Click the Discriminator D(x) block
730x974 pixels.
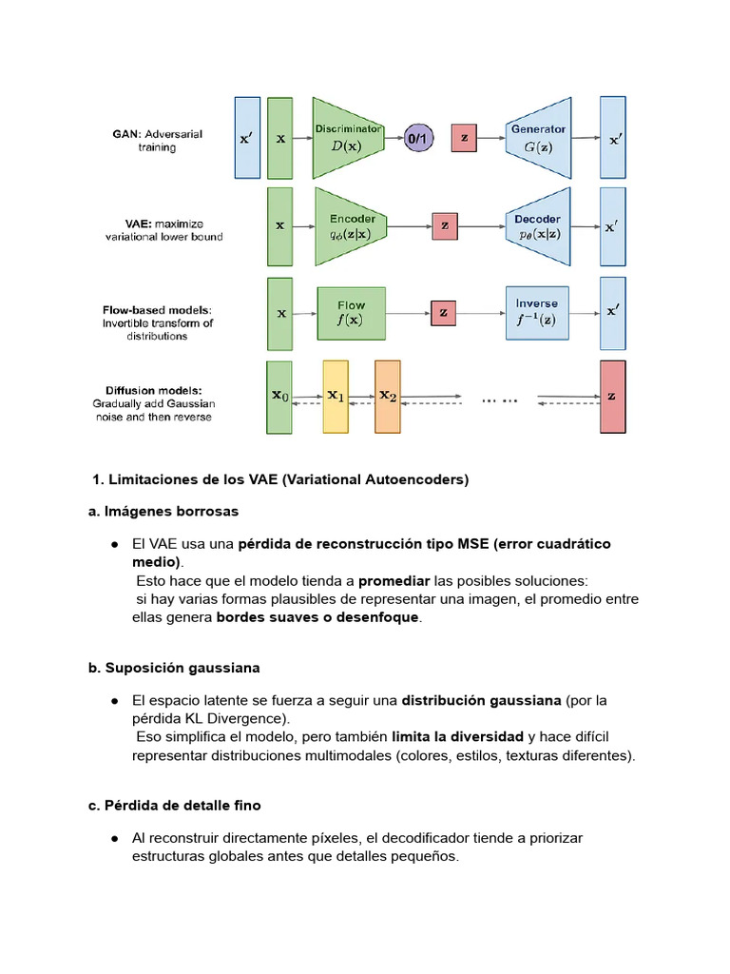[349, 138]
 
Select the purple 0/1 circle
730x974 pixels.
[417, 139]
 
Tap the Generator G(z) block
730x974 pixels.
[537, 138]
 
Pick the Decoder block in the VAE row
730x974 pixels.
[537, 226]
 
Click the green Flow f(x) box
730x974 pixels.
[351, 313]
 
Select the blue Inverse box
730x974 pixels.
[537, 313]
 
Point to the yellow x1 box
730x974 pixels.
[336, 396]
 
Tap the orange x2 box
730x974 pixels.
[388, 396]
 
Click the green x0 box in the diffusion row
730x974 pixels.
[279, 396]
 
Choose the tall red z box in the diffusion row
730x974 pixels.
[613, 396]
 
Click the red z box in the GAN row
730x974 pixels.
[464, 139]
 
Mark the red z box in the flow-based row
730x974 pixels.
[442, 313]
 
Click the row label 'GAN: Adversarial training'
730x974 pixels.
[158, 140]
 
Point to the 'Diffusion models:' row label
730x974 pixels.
[154, 390]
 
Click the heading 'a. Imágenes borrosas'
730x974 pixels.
[163, 512]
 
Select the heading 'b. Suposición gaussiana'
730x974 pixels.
[174, 668]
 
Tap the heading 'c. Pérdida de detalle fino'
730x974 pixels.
[174, 805]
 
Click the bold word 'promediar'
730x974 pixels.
[394, 580]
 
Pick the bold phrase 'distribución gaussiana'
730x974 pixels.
[481, 700]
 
